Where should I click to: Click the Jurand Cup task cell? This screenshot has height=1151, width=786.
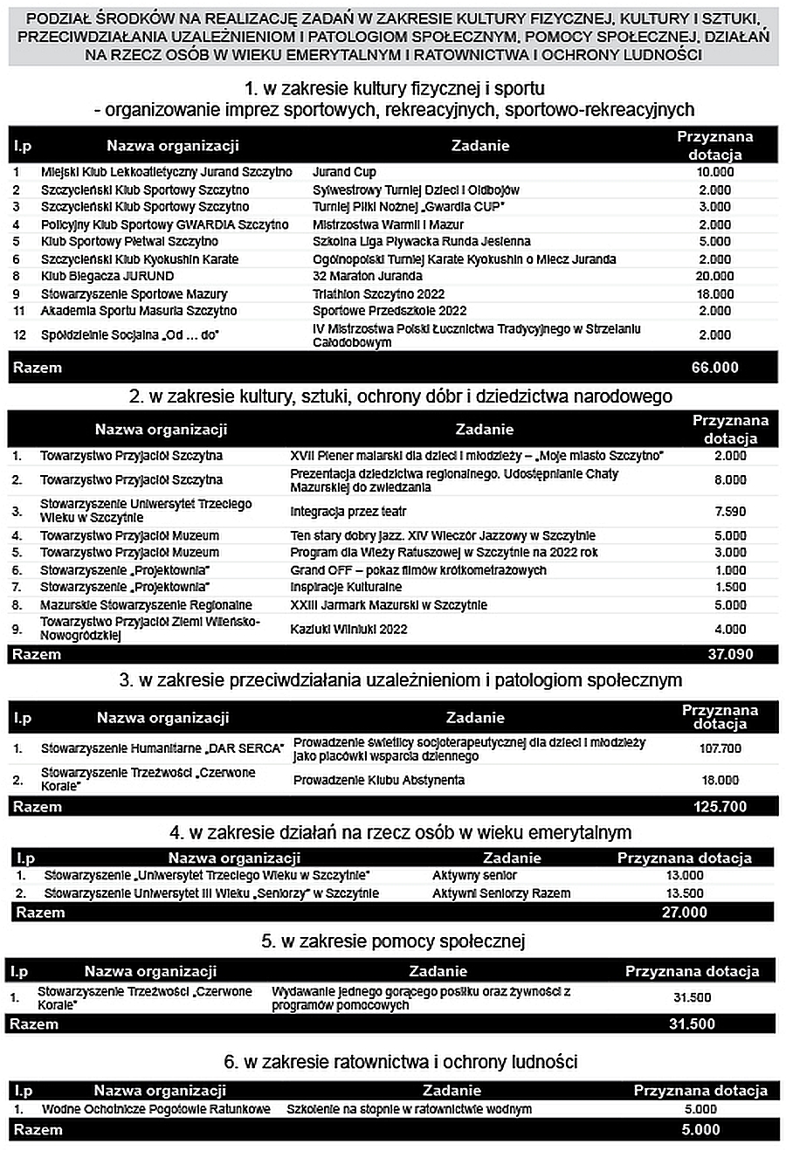[344, 172]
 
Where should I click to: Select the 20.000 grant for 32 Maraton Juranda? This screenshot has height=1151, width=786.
[714, 276]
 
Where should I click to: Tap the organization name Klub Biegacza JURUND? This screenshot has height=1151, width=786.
[107, 276]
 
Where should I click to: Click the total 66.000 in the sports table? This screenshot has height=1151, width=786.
[714, 368]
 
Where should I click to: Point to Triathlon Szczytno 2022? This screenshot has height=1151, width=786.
[378, 293]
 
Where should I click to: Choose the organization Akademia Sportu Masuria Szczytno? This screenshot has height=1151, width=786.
[139, 311]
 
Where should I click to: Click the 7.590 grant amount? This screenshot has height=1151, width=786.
[730, 511]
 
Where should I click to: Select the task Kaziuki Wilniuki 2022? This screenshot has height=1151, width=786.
[348, 629]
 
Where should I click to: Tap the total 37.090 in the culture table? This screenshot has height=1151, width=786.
[729, 654]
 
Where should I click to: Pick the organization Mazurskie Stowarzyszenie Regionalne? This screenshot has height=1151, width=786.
[146, 605]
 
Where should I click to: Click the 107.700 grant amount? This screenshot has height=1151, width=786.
[720, 748]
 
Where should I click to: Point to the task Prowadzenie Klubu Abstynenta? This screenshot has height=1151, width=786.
[379, 780]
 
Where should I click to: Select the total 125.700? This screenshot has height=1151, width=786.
[720, 806]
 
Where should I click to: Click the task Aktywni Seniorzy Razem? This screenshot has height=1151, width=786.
[501, 893]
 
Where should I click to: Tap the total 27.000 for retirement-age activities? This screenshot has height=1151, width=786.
[684, 912]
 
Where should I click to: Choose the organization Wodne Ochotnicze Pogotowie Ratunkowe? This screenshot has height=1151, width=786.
[156, 1109]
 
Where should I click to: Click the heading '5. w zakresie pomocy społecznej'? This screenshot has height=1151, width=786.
[393, 941]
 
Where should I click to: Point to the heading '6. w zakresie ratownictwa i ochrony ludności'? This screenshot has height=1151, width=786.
[401, 1062]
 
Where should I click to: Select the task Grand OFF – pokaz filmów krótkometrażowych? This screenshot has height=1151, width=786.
[418, 570]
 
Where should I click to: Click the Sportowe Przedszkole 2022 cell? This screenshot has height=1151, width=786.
[390, 311]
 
